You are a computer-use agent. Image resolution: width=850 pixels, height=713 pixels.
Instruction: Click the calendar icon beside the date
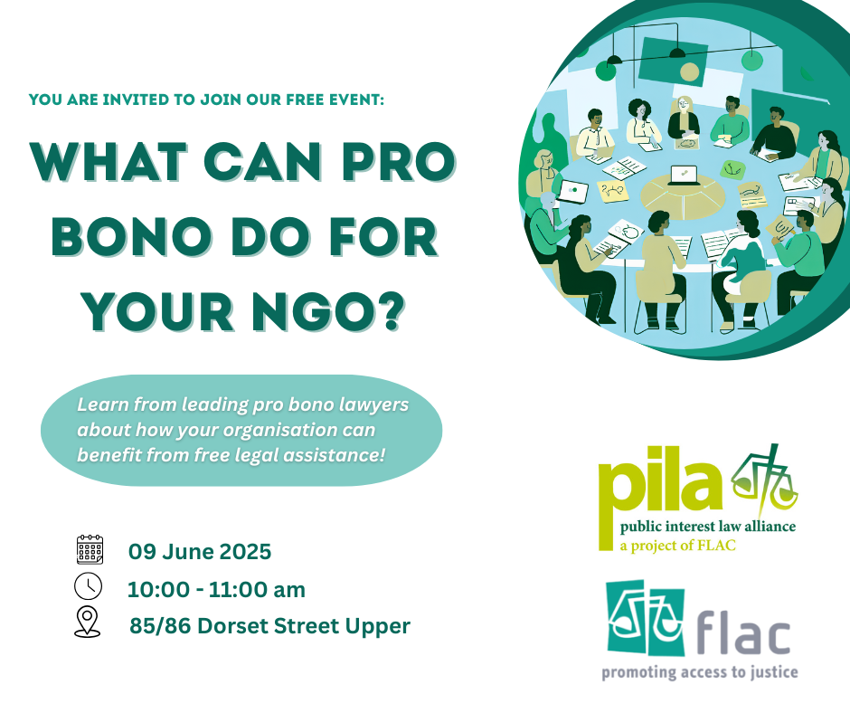(x=90, y=549)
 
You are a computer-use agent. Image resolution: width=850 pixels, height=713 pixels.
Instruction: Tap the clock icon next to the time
(x=88, y=586)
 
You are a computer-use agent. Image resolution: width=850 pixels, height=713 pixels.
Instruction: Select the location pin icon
(x=88, y=622)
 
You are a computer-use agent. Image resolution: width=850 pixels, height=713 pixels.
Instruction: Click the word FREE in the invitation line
(x=305, y=100)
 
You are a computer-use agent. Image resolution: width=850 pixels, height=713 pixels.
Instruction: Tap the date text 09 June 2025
(x=200, y=551)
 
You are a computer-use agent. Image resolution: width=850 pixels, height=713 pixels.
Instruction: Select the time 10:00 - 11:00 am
(x=216, y=589)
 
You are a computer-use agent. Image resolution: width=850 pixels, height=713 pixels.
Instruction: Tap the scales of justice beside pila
(x=764, y=480)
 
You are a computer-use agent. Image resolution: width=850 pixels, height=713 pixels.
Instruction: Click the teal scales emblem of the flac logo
(x=645, y=617)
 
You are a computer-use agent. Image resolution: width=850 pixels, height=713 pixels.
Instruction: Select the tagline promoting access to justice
(x=700, y=672)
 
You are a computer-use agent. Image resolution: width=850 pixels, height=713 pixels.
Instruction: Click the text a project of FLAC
(x=677, y=546)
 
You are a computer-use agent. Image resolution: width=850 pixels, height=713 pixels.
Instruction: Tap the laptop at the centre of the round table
(x=683, y=176)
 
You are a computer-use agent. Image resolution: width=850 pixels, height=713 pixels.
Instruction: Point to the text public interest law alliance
(x=708, y=527)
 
